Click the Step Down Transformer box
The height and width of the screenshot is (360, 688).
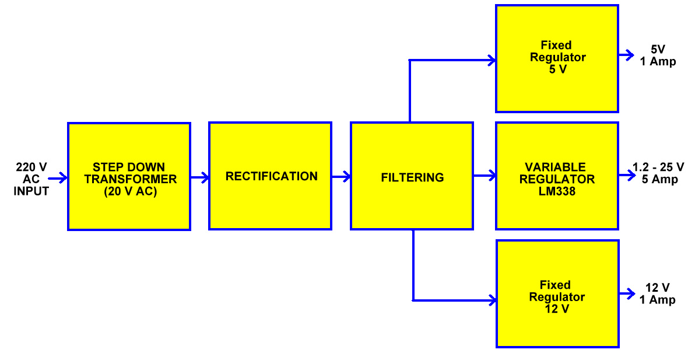(129, 176)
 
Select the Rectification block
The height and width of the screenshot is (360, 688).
(271, 176)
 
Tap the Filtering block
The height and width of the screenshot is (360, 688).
(412, 176)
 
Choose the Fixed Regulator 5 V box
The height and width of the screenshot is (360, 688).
(557, 58)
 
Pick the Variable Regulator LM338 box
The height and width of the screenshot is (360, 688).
(557, 176)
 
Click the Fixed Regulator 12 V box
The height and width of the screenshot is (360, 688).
(557, 294)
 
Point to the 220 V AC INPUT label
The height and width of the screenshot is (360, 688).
(31, 179)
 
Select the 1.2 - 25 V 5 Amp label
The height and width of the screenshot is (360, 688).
(659, 174)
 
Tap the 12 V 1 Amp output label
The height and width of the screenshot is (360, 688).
(658, 293)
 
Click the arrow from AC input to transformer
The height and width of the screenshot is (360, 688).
(58, 179)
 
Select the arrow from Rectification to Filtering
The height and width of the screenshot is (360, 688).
(342, 176)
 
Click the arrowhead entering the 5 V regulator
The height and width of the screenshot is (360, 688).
(492, 60)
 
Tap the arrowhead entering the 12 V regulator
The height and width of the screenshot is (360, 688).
(493, 300)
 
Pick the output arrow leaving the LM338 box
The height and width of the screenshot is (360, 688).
(626, 175)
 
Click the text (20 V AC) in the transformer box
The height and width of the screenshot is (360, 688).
(129, 190)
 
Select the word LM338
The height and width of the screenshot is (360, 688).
(557, 190)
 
